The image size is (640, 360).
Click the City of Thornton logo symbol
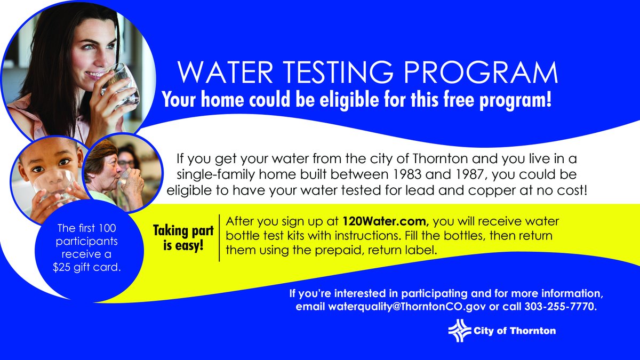pos(459,331)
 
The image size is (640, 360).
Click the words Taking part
pos(183,231)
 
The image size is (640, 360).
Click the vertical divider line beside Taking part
pos(220,237)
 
